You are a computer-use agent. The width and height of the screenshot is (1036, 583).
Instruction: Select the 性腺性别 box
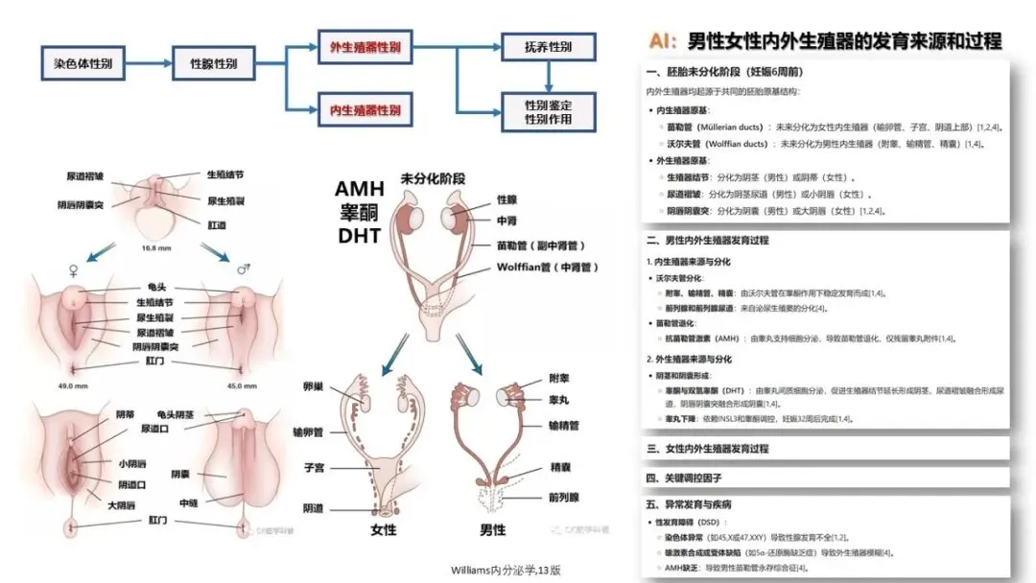[x=214, y=64]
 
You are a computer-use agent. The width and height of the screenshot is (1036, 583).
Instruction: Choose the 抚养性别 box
[x=548, y=47]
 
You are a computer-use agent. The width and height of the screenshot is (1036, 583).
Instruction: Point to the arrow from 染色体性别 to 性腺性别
[x=149, y=64]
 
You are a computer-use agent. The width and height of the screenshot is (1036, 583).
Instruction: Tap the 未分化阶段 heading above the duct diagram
[x=433, y=178]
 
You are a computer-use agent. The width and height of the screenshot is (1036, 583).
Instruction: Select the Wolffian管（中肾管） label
[x=548, y=268]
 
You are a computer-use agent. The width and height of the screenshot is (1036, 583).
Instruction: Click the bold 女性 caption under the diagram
[x=383, y=529]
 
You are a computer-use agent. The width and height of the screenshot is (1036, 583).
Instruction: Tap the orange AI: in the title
[x=664, y=40]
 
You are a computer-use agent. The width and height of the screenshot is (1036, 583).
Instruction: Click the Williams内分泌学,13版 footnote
[x=506, y=570]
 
